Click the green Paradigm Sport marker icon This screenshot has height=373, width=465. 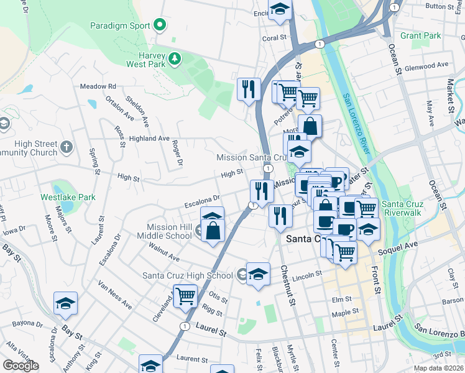[160, 25]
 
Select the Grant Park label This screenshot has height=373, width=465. [421, 36]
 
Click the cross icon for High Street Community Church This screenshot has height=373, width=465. [67, 148]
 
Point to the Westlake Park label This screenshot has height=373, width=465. [68, 197]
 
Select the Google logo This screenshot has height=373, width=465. [21, 365]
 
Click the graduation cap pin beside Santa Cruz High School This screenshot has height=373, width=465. [258, 274]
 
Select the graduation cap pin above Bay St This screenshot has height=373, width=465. [65, 303]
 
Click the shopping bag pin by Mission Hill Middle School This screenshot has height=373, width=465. [213, 231]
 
